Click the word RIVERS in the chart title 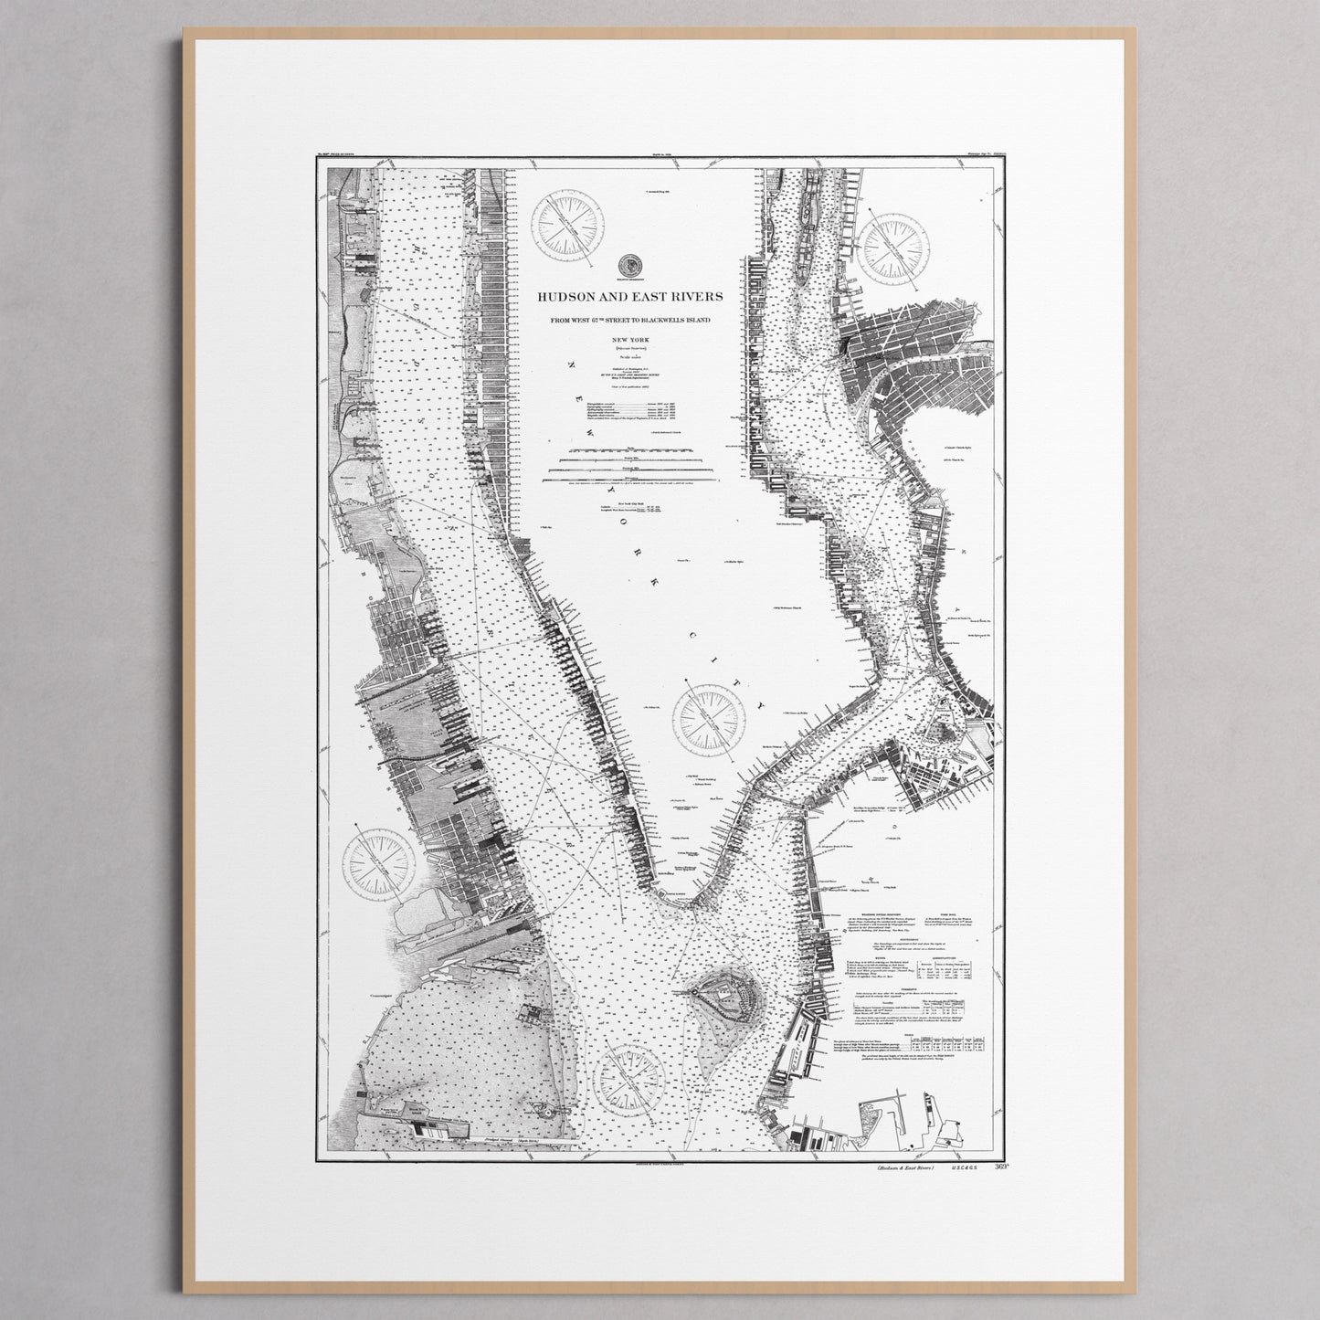pos(692,297)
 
